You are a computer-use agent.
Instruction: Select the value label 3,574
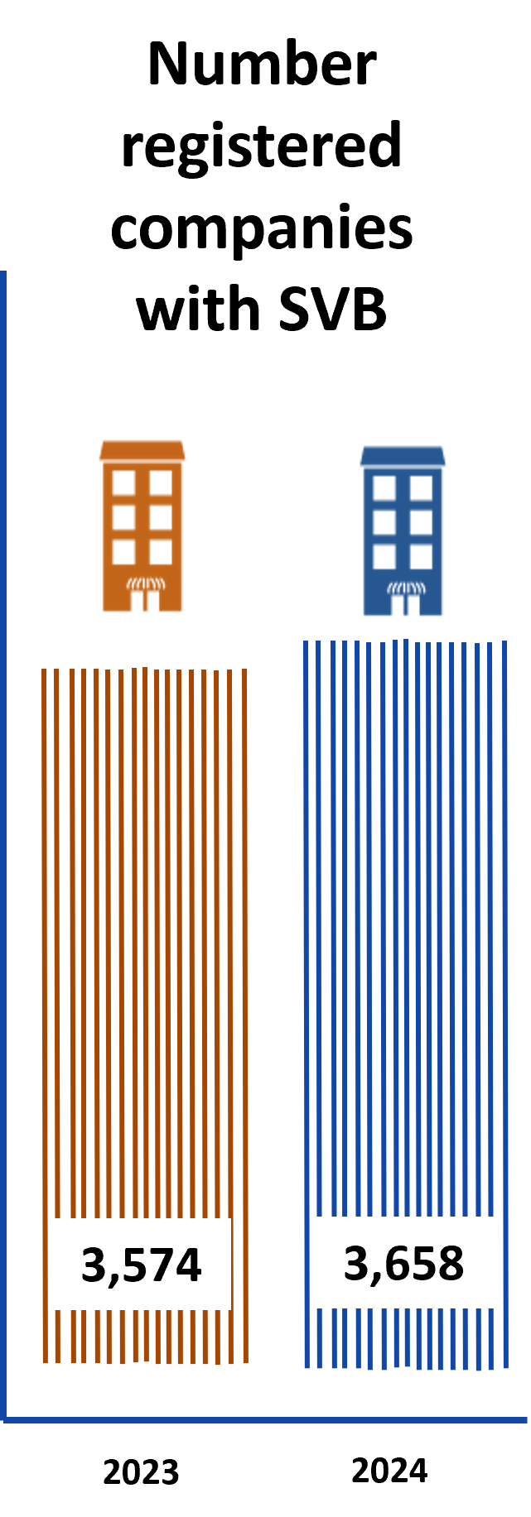click(x=142, y=1264)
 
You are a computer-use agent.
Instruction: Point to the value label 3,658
click(x=404, y=1262)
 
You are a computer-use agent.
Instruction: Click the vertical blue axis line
click(x=3, y=828)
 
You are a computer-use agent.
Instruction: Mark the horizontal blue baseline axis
click(x=265, y=1420)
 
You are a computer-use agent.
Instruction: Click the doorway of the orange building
click(x=145, y=602)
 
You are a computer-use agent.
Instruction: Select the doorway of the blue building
click(x=407, y=607)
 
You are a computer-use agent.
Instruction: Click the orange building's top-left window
click(x=123, y=482)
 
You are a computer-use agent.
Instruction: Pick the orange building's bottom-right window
click(x=161, y=552)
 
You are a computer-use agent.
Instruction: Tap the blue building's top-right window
click(x=422, y=487)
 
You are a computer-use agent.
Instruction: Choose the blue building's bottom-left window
click(x=384, y=557)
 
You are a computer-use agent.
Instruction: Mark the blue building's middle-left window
click(x=384, y=522)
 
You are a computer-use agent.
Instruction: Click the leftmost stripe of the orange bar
click(x=45, y=993)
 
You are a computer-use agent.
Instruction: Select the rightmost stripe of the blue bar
click(x=504, y=993)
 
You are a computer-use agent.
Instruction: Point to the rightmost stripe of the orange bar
click(x=244, y=993)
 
